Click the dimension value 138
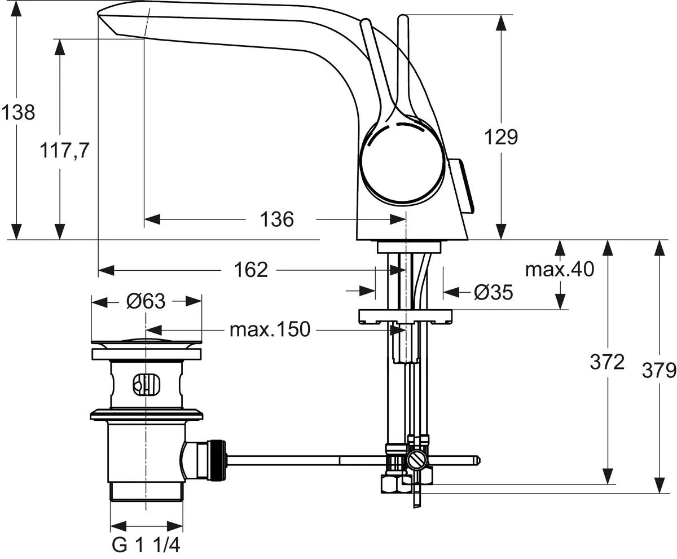pyautogui.click(x=17, y=112)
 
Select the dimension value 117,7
pyautogui.click(x=65, y=151)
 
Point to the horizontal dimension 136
pyautogui.click(x=277, y=219)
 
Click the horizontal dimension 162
pyautogui.click(x=251, y=270)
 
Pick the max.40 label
pyautogui.click(x=560, y=269)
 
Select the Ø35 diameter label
pyautogui.click(x=493, y=292)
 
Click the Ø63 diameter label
pyautogui.click(x=146, y=302)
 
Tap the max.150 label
pyautogui.click(x=270, y=329)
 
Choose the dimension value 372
pyautogui.click(x=608, y=362)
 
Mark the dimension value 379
pyautogui.click(x=658, y=371)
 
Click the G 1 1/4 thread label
pyautogui.click(x=146, y=545)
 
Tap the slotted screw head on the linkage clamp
pyautogui.click(x=418, y=460)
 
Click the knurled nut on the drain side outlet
pyautogui.click(x=217, y=460)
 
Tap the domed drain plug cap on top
pyautogui.click(x=146, y=342)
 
